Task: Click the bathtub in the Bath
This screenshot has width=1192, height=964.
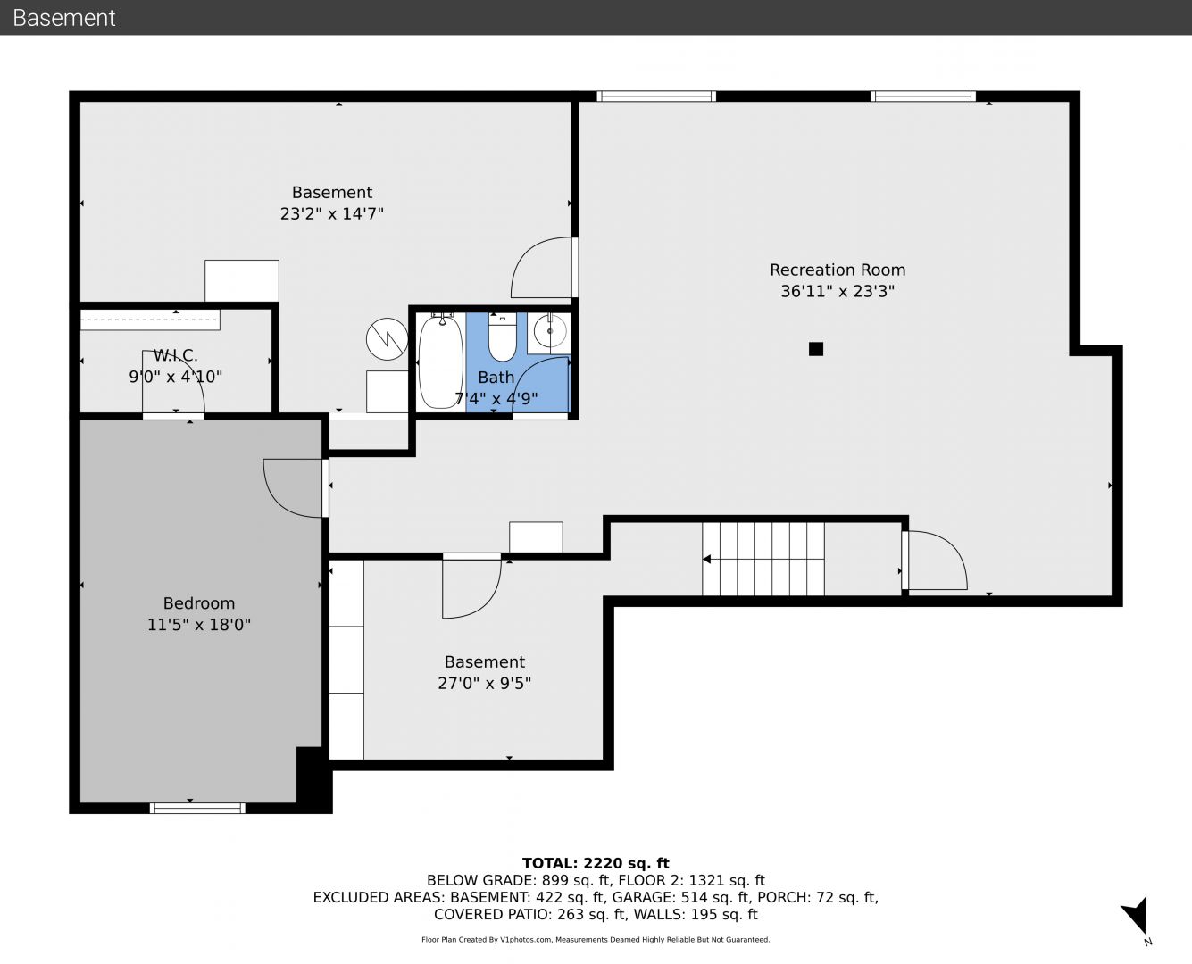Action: point(441,361)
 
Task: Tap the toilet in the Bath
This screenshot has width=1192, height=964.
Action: point(502,337)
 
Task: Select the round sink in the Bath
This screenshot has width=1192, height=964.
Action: point(549,332)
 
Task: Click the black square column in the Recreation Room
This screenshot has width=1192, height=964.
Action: point(816,349)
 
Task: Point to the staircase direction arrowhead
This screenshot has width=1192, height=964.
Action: point(706,559)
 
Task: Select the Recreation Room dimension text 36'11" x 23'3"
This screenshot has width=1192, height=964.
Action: point(838,292)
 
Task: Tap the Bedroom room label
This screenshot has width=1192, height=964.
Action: point(198,603)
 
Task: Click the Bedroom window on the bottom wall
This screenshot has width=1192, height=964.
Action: point(197,808)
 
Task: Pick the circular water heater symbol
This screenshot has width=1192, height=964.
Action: point(387,339)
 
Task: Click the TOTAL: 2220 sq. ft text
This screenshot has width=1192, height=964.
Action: point(596,863)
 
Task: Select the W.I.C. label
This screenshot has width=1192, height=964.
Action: point(175,355)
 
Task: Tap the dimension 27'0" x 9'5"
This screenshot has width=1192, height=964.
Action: point(484,683)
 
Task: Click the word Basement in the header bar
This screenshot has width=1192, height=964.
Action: point(63,18)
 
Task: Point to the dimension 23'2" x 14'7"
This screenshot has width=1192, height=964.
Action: point(332,213)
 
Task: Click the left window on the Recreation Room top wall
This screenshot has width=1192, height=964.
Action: point(656,96)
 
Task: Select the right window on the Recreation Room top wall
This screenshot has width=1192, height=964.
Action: point(923,96)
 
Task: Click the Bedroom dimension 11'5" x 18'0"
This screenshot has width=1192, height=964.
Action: point(198,625)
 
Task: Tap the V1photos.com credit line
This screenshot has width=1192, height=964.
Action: point(596,939)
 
